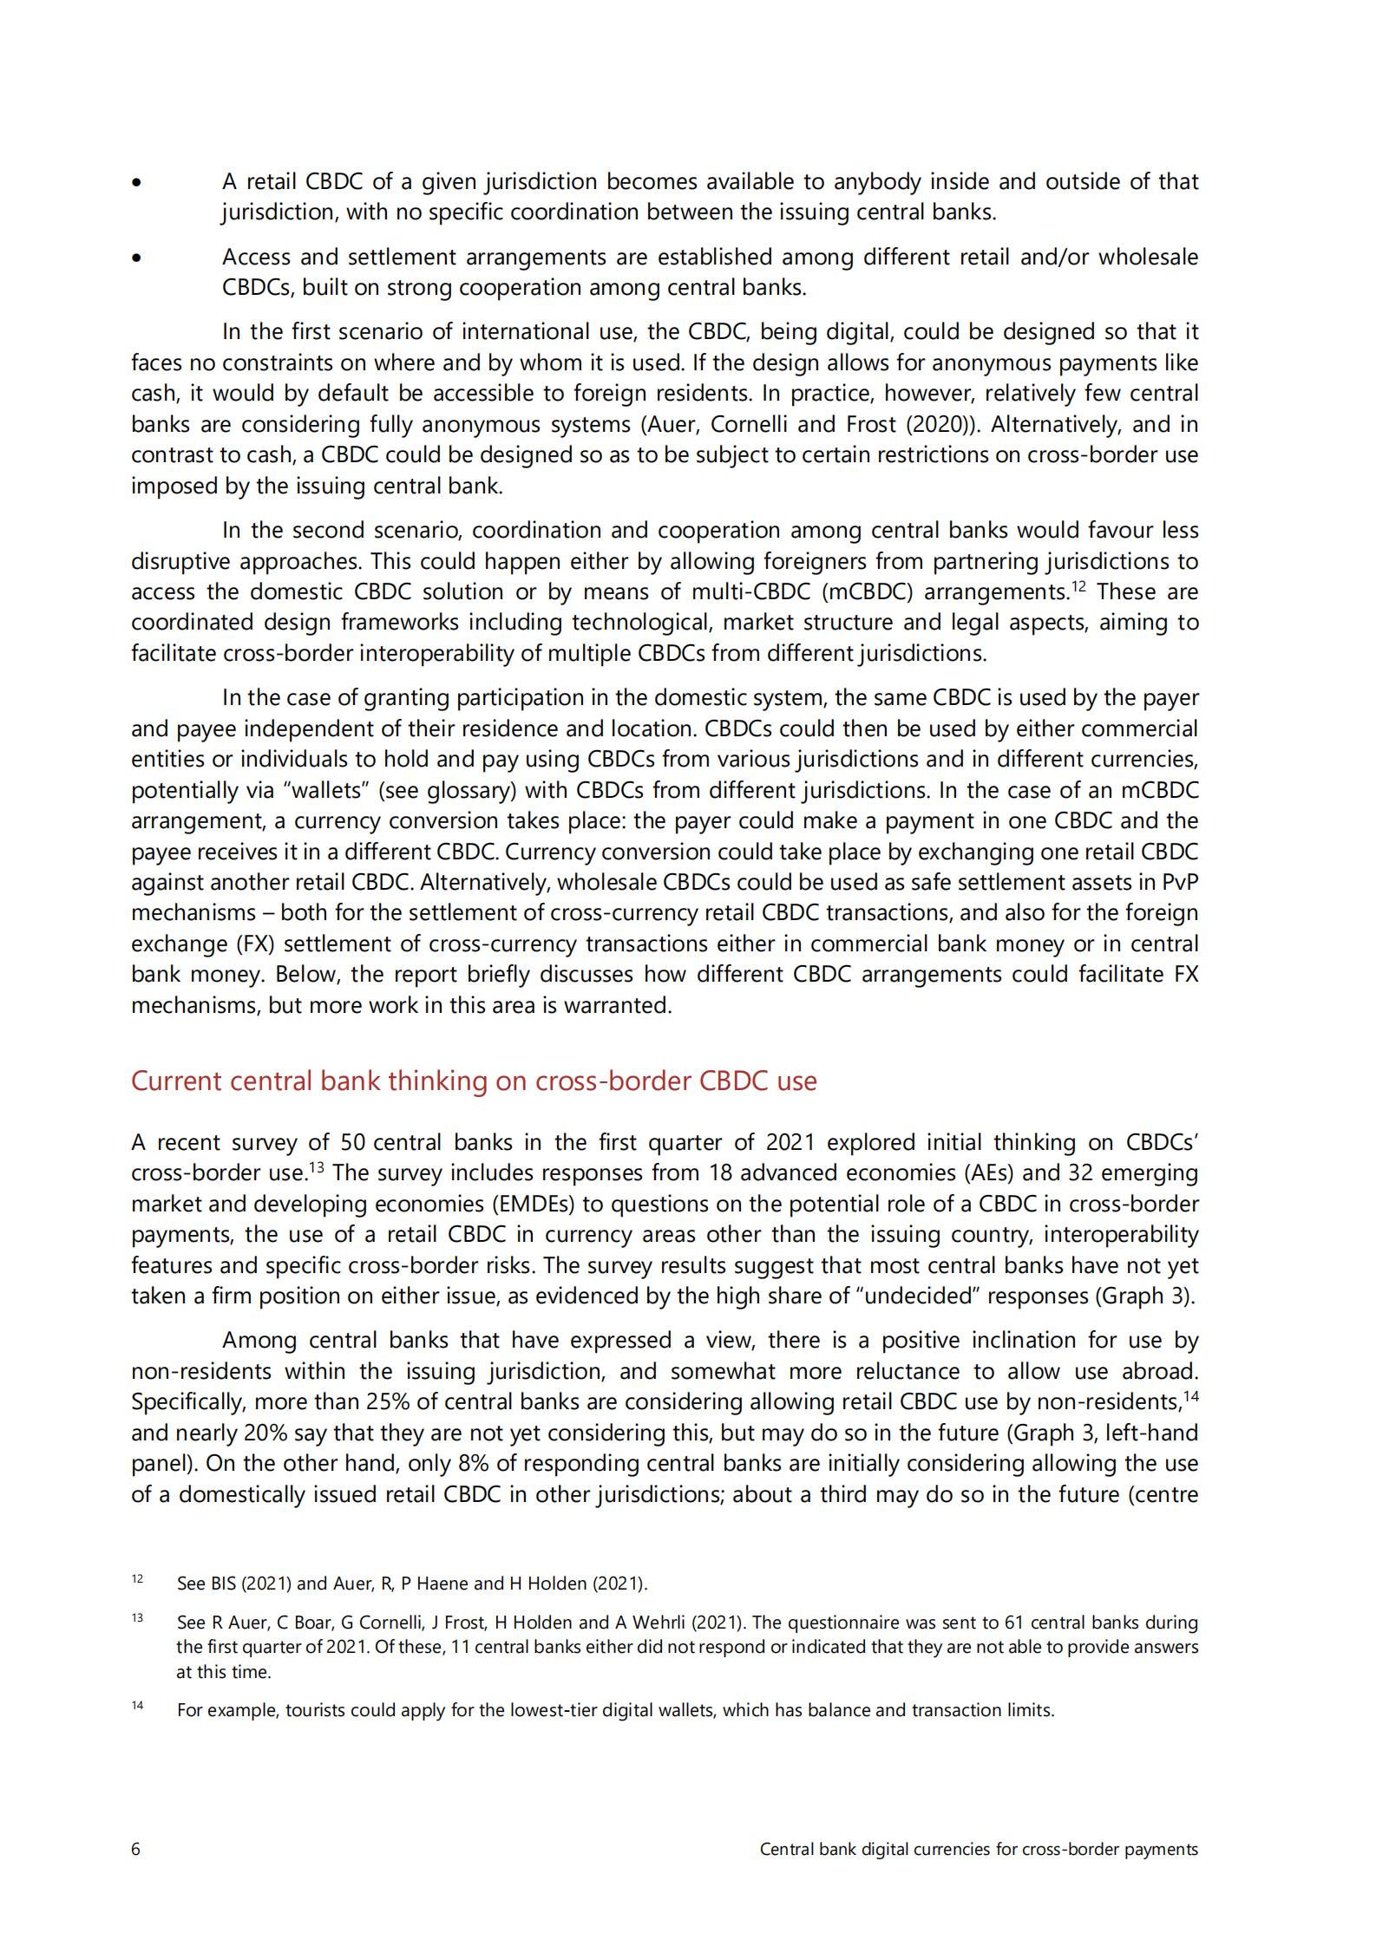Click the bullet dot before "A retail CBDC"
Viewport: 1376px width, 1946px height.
136,182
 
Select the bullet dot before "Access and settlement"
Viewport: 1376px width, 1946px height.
136,258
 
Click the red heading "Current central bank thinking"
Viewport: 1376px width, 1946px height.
474,1081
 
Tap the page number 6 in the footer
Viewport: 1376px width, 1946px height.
135,1849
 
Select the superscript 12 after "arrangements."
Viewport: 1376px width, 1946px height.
1078,586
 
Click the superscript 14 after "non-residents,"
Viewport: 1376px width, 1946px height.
1190,1396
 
